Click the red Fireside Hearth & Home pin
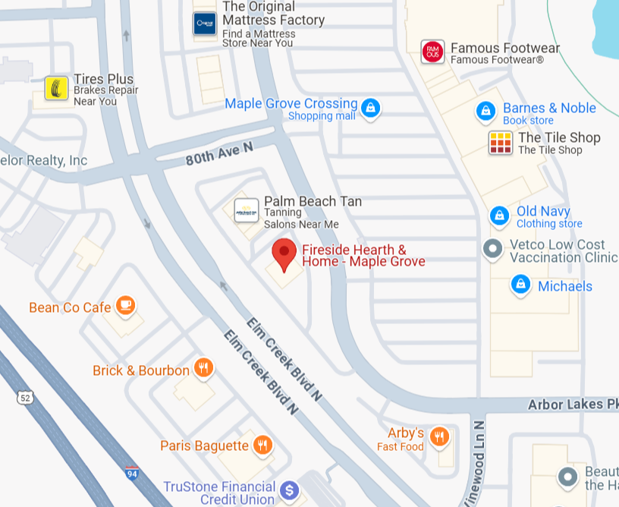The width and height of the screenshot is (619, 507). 284,253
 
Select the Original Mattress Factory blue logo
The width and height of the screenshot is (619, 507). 205,24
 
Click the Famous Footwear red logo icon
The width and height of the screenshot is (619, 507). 432,52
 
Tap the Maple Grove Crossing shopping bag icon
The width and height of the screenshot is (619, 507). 370,108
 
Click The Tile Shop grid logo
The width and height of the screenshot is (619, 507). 501,143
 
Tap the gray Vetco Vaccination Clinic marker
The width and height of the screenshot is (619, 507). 493,248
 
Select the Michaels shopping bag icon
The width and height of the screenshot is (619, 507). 520,285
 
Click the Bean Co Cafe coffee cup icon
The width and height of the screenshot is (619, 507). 125,306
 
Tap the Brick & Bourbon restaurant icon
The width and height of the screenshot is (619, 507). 203,369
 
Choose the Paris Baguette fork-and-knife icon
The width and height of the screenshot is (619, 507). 262,445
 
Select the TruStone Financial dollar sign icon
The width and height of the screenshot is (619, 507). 288,490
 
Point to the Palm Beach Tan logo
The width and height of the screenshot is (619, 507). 247,209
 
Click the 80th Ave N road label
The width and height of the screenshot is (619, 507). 219,154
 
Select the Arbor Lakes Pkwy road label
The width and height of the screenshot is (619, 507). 573,405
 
